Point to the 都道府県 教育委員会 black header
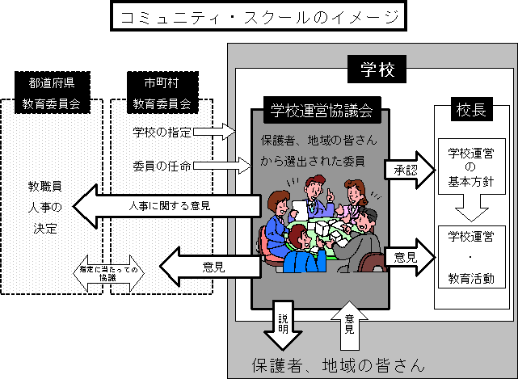tap(53, 91)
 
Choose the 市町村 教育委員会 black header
tap(162, 91)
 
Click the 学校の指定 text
tap(162, 131)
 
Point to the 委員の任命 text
tap(162, 167)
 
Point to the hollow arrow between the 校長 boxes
tap(471, 212)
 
